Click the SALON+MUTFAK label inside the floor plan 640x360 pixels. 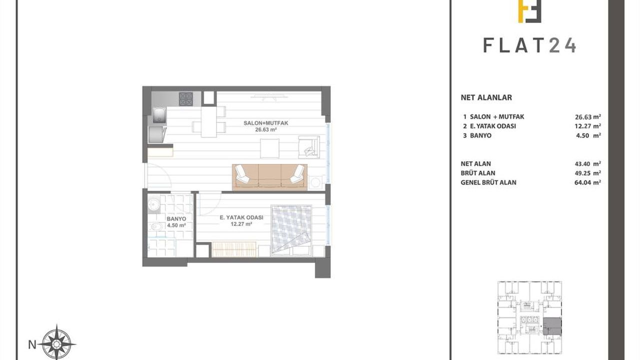(265, 123)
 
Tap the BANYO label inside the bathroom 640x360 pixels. (176, 219)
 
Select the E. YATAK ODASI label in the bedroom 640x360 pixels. (241, 217)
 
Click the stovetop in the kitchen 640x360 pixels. (185, 99)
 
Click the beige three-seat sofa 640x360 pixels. (269, 177)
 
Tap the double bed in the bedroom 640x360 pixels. (291, 230)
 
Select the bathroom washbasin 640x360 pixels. (154, 204)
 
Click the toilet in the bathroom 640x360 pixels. (155, 227)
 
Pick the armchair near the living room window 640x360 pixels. (309, 147)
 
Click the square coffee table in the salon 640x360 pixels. (269, 148)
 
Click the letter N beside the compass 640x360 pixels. (32, 345)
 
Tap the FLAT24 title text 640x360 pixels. (529, 45)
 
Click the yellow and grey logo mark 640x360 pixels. (529, 11)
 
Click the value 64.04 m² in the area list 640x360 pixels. (587, 182)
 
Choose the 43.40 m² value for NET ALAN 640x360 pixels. (587, 163)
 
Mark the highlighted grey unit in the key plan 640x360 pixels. (552, 326)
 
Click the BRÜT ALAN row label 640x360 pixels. (478, 173)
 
